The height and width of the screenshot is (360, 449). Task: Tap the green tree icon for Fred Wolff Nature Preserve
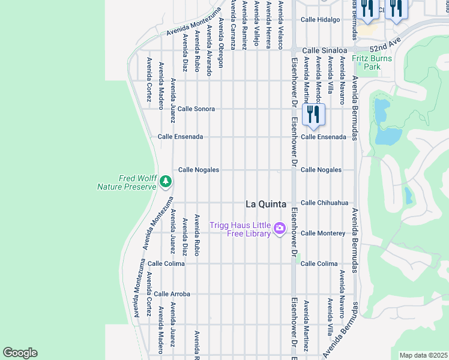point(166,181)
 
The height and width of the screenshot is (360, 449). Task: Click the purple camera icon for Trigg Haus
point(279,229)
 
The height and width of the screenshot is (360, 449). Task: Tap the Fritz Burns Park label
point(372,62)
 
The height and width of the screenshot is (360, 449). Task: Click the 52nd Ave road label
point(384,47)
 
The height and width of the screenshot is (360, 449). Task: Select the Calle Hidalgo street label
point(321,20)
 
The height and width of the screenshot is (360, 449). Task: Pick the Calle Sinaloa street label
point(325,51)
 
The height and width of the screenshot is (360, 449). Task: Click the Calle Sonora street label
point(196,109)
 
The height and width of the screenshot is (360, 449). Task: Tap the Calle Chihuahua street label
point(324,203)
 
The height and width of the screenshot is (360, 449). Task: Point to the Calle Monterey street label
point(323,233)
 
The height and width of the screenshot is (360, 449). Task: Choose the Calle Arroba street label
point(172,294)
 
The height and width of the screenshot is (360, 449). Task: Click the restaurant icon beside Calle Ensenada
point(314,114)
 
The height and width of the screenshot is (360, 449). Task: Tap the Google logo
point(20,353)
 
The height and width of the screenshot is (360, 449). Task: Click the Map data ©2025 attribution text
point(423,355)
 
